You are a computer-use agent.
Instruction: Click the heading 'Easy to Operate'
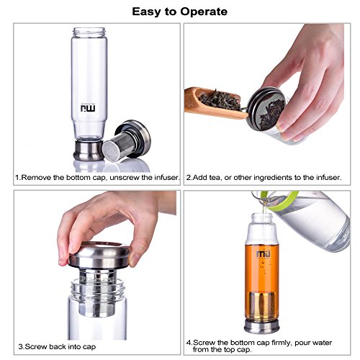tap(179, 12)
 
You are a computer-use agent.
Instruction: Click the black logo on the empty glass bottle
tap(88, 107)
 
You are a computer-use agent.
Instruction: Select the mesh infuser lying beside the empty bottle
tap(127, 141)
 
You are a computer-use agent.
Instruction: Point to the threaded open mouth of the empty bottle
tap(89, 32)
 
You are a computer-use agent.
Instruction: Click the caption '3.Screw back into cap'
tap(57, 347)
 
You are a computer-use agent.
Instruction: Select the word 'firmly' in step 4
tap(282, 343)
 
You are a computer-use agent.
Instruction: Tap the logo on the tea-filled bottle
tap(264, 254)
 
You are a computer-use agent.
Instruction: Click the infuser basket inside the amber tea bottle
tap(261, 305)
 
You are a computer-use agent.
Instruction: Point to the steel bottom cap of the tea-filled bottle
tap(261, 327)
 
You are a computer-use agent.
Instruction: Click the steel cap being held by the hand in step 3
tap(100, 256)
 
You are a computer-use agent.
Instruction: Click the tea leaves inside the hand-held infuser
tap(271, 113)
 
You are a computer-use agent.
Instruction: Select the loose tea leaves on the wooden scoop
tap(220, 100)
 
